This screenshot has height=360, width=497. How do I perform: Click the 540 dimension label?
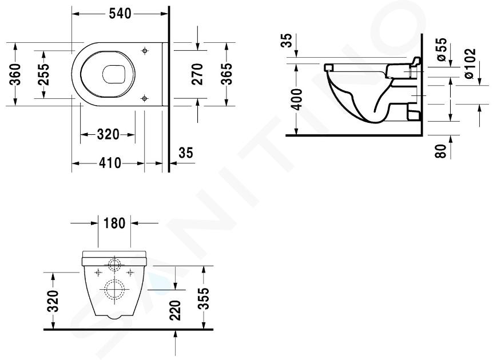[120, 14]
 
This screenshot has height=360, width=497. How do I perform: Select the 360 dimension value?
[15, 74]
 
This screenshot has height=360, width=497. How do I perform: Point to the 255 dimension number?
[43, 74]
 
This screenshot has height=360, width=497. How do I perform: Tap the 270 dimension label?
[197, 74]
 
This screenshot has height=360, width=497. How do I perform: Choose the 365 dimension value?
[226, 74]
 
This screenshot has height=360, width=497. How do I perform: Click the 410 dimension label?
[109, 163]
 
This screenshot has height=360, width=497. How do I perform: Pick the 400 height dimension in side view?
[297, 99]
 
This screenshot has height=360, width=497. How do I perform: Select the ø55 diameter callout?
[441, 49]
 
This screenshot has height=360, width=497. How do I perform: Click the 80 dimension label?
[441, 151]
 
